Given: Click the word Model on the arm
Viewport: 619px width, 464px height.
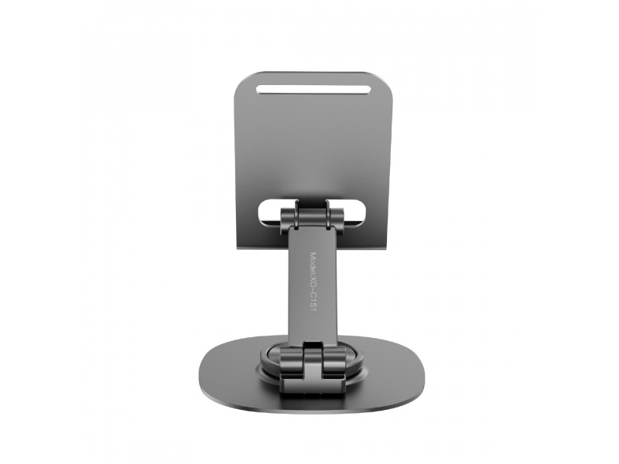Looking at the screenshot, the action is click(315, 262).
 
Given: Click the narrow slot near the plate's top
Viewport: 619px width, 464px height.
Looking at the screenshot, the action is click(314, 89).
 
